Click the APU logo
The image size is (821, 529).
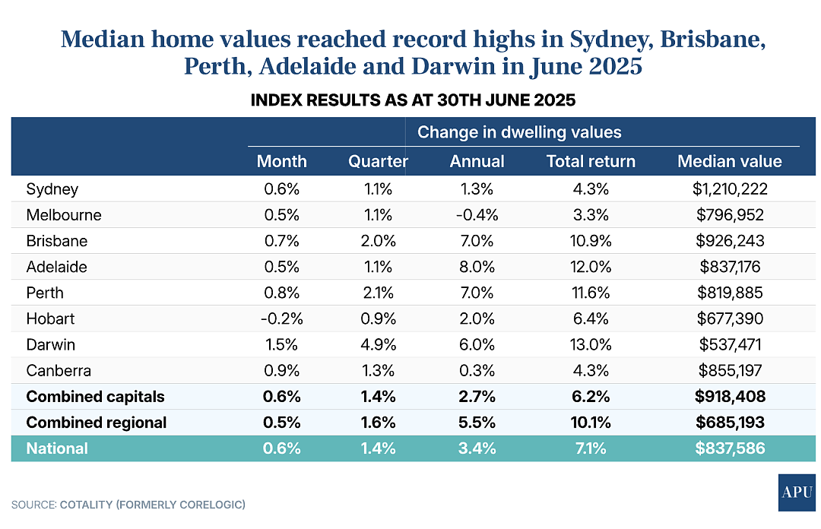797,493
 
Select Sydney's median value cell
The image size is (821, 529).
730,188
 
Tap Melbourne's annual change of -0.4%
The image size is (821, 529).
477,215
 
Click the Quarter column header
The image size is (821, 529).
378,161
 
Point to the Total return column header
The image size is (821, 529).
591,161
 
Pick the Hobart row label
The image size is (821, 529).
50,318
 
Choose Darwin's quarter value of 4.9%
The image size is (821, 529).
378,344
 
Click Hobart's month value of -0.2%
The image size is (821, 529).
282,318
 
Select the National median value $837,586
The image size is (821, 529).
730,448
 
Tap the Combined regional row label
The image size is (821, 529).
97,422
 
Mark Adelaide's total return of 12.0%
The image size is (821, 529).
591,267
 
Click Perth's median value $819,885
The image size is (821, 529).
730,293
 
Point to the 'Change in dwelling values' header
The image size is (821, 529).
519,132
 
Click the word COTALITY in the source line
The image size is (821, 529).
87,505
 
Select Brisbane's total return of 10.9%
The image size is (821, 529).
591,241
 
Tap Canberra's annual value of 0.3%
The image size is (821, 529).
477,370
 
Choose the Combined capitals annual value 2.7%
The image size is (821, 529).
477,397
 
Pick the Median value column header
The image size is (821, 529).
730,161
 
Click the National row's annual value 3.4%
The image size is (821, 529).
477,448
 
